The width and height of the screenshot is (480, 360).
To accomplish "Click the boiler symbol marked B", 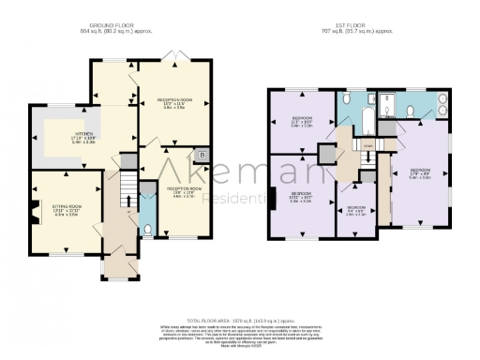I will [x=202, y=152].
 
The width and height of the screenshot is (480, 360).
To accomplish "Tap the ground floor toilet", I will [x=147, y=229].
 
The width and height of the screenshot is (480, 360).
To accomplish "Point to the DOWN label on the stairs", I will [x=368, y=146].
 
